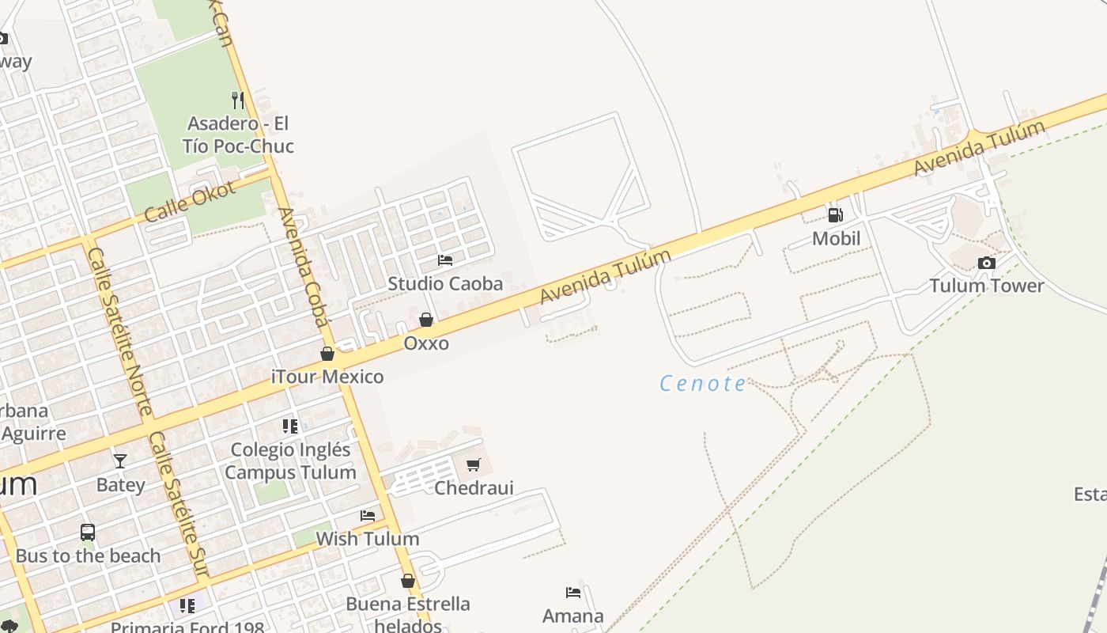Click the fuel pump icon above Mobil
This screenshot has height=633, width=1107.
[835, 214]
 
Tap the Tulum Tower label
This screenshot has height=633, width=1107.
[986, 286]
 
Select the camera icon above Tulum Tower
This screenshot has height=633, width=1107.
[986, 263]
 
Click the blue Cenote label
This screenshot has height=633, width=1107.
[703, 384]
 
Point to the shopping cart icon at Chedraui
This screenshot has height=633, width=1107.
[473, 464]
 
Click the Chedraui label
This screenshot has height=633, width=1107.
[474, 487]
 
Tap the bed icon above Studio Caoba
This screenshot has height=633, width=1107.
[445, 260]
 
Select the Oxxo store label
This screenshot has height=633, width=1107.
[426, 343]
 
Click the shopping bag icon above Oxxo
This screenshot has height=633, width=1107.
[426, 320]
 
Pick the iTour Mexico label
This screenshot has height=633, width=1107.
[327, 377]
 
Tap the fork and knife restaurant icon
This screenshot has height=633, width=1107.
[237, 100]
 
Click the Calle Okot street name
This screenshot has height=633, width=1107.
[191, 203]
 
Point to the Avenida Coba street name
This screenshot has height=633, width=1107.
[303, 267]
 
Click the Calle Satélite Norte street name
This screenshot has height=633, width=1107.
[120, 331]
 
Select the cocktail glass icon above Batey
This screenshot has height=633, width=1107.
[120, 461]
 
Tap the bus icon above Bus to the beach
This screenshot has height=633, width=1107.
[88, 533]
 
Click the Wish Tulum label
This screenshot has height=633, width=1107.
[368, 539]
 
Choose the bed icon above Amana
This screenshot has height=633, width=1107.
[573, 592]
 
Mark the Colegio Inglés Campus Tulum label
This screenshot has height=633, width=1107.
[290, 461]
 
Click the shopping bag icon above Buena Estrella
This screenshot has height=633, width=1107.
[408, 581]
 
